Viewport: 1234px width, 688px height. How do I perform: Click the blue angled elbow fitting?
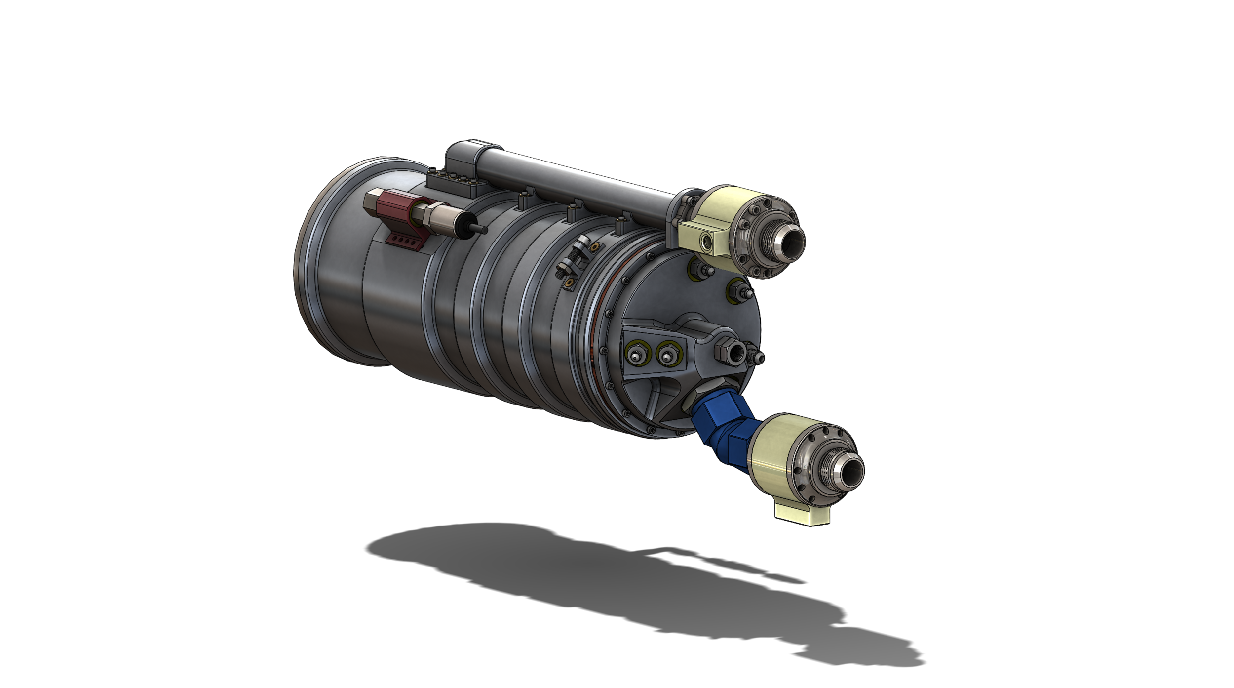coord(721,419)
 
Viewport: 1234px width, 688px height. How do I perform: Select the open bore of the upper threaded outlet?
coord(793,243)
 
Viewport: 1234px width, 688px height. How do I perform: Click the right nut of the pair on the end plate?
coord(667,354)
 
